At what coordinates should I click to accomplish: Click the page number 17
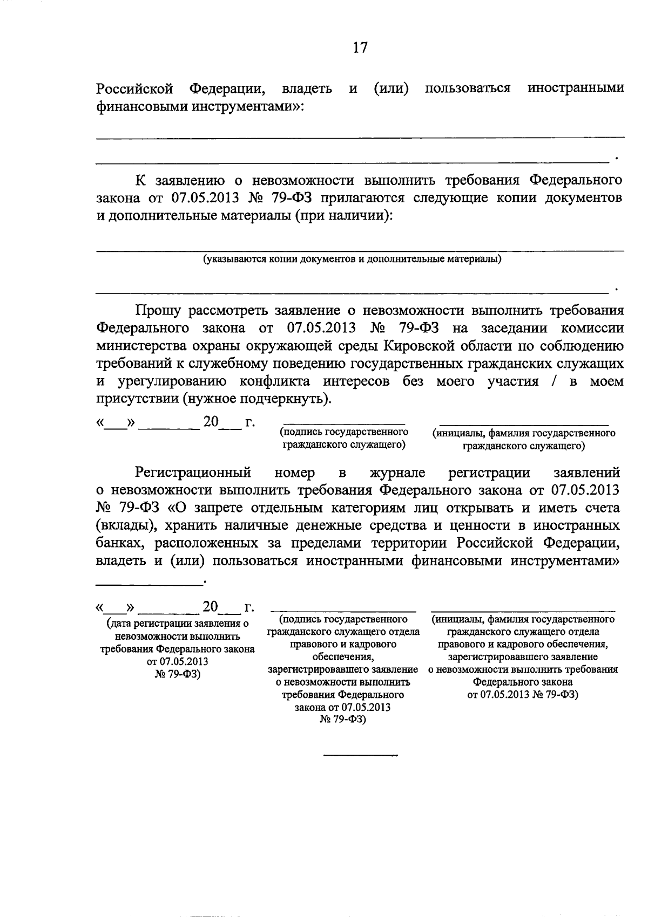tap(360, 48)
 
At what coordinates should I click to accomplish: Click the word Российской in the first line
tap(134, 88)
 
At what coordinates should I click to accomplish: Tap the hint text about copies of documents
tap(352, 259)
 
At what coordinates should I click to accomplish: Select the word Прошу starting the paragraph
tap(158, 311)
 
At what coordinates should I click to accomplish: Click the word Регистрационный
tap(193, 473)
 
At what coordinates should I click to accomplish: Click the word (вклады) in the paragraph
tap(122, 525)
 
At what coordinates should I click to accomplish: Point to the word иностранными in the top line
tap(576, 88)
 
